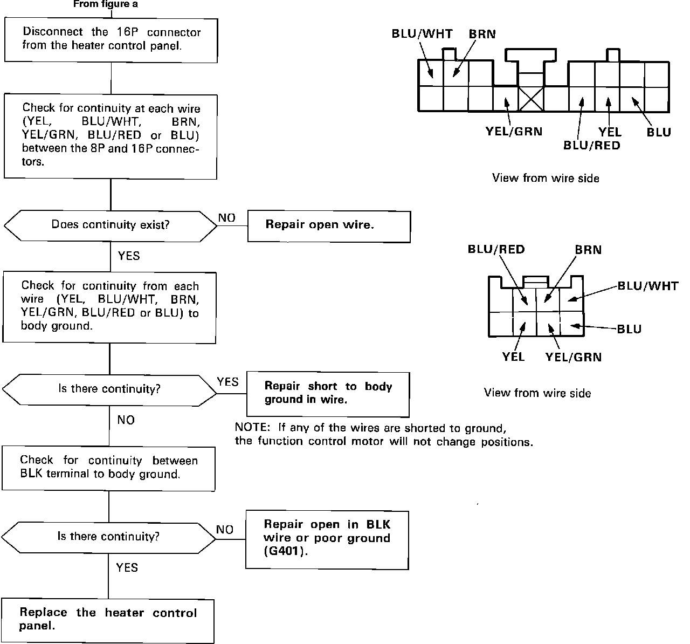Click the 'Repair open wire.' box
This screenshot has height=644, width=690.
[x=329, y=227]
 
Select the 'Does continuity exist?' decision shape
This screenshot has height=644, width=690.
[x=111, y=225]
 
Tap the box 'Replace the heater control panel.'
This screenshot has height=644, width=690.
[x=108, y=621]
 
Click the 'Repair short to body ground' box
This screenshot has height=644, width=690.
[x=328, y=394]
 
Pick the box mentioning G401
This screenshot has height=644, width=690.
[x=327, y=540]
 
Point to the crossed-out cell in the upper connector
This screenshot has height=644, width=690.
[x=531, y=99]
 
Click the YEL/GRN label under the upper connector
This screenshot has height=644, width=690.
[x=514, y=132]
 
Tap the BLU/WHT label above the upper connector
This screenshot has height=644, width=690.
[x=422, y=34]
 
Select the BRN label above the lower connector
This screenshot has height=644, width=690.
[x=588, y=250]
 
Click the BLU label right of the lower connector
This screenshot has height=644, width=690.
[x=629, y=329]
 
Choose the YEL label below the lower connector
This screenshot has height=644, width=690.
[x=513, y=357]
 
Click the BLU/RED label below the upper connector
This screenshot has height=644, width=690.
[x=592, y=145]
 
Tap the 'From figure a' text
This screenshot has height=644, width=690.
[x=106, y=4]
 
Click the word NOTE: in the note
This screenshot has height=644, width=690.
[x=252, y=427]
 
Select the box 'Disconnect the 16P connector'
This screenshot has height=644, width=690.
[x=111, y=40]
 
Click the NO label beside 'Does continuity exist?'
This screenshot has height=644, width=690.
[x=227, y=218]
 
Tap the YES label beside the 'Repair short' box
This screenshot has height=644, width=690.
[x=228, y=382]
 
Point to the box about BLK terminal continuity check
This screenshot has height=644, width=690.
[x=108, y=469]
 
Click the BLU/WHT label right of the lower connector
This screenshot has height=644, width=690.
[x=648, y=286]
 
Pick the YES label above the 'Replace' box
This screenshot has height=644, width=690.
[x=127, y=568]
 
